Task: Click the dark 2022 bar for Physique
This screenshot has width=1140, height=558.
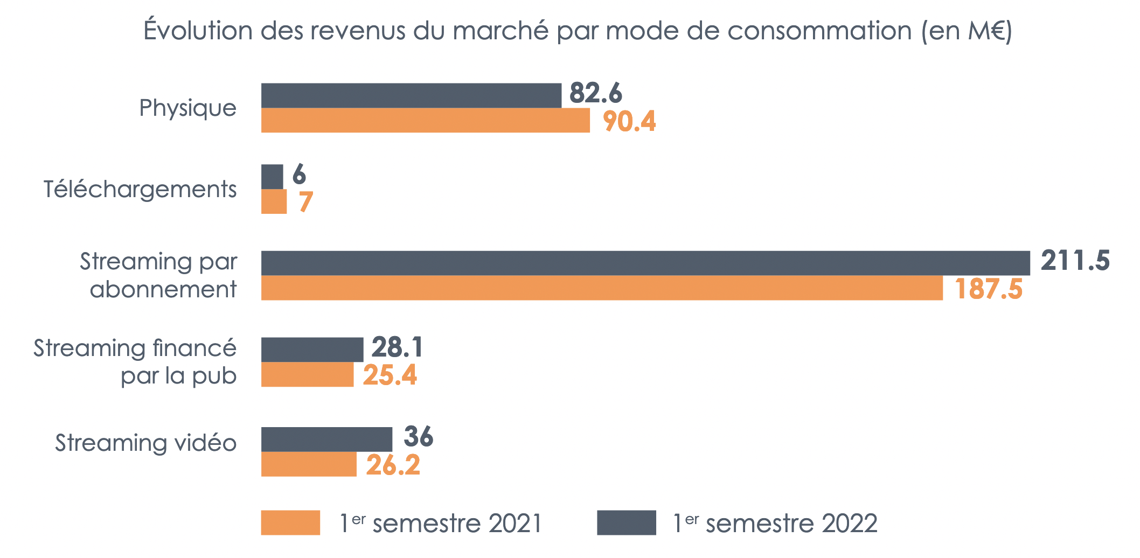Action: [411, 95]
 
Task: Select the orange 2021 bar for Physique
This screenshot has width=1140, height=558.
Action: [425, 120]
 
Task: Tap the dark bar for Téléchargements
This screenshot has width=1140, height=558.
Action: [272, 177]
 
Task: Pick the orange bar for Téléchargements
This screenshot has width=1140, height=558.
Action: [274, 201]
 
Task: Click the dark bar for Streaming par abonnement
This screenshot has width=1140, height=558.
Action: [645, 263]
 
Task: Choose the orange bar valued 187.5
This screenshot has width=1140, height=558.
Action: [602, 288]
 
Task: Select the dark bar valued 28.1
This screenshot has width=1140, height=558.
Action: [312, 350]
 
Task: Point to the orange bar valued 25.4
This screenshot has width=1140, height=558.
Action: [307, 374]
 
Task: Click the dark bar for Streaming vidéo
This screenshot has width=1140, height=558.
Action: [326, 439]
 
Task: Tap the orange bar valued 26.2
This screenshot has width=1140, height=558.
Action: [309, 464]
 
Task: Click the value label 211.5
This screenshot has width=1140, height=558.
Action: [1075, 261]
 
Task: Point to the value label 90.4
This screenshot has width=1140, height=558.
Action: [629, 121]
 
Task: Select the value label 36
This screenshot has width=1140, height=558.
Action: [418, 436]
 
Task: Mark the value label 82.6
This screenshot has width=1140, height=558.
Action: [595, 93]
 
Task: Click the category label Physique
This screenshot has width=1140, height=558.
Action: [187, 108]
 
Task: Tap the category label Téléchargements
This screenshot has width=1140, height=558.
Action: [140, 190]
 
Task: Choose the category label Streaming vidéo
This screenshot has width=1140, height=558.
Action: [145, 443]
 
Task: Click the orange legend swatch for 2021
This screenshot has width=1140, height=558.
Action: [290, 522]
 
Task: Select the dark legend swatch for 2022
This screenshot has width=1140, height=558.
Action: [626, 522]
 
